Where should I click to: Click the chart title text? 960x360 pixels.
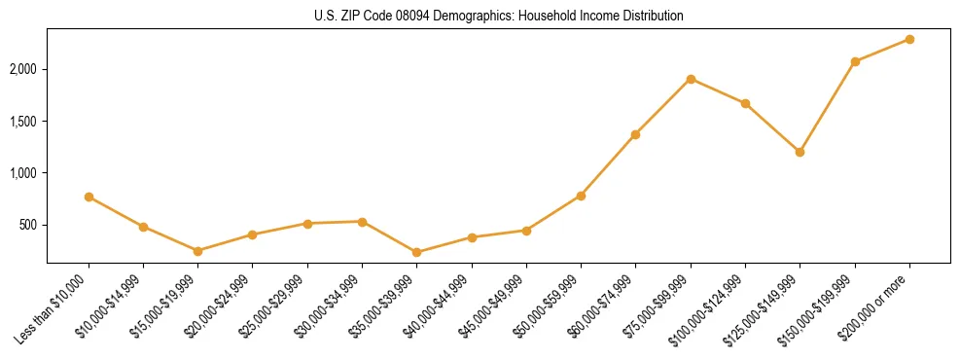498,17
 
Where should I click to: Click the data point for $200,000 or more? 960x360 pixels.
909,39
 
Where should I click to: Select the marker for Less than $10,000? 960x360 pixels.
89,197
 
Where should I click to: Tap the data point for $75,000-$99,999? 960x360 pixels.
691,79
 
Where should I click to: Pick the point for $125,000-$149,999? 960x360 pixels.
800,152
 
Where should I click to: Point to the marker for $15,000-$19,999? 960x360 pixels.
197,251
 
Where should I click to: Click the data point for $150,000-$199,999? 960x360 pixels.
855,61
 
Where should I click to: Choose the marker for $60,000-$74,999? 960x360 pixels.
635,134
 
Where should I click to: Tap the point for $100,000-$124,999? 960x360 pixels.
745,103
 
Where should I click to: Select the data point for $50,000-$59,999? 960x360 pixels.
581,196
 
